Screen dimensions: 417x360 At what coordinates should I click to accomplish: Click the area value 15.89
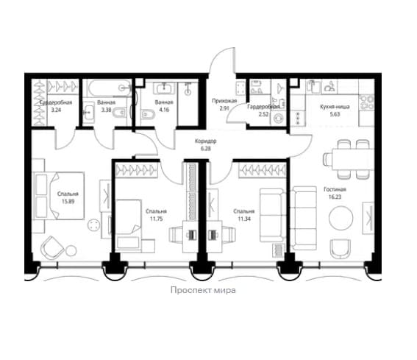click(68, 201)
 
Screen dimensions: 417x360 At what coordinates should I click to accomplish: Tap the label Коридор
click(206, 141)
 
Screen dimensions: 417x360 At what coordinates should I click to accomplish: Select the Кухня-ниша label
click(335, 107)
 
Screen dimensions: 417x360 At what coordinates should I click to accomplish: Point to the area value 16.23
click(335, 197)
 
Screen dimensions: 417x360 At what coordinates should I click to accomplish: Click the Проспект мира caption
click(203, 290)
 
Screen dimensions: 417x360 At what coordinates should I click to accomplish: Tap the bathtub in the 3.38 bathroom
click(110, 88)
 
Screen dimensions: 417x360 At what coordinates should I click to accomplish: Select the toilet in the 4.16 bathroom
click(148, 115)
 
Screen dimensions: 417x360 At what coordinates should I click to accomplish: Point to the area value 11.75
click(156, 219)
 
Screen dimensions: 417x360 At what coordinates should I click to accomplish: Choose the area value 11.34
click(244, 219)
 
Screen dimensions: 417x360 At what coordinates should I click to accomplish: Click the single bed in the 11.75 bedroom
click(129, 226)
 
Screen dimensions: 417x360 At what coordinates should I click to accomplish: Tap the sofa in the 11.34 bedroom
click(272, 215)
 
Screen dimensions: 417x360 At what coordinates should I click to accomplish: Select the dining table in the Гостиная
click(352, 159)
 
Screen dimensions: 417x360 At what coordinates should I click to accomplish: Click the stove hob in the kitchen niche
click(366, 102)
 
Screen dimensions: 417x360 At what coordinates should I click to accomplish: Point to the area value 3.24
click(56, 110)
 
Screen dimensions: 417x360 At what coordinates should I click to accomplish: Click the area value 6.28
click(206, 149)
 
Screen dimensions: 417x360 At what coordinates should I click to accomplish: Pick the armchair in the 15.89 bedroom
click(52, 247)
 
